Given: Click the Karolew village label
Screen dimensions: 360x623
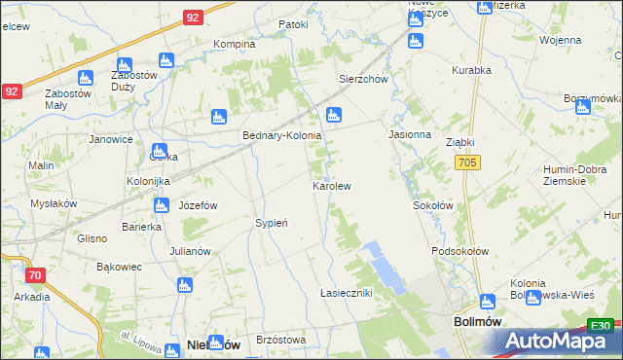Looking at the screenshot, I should [331, 185].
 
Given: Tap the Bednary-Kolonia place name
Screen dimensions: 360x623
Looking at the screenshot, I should [281, 136].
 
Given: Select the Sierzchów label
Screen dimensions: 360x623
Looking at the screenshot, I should [363, 80].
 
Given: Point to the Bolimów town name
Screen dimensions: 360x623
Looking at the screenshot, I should [477, 320].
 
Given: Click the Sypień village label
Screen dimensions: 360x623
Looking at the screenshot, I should [272, 223].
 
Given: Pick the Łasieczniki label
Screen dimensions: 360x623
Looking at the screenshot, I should [347, 293].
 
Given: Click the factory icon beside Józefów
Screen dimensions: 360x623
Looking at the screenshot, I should [162, 205].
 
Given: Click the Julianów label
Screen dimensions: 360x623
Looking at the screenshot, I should [190, 251].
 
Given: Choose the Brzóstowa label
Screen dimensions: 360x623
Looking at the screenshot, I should [281, 340].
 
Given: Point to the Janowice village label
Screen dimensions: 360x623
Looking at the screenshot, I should [111, 139].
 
